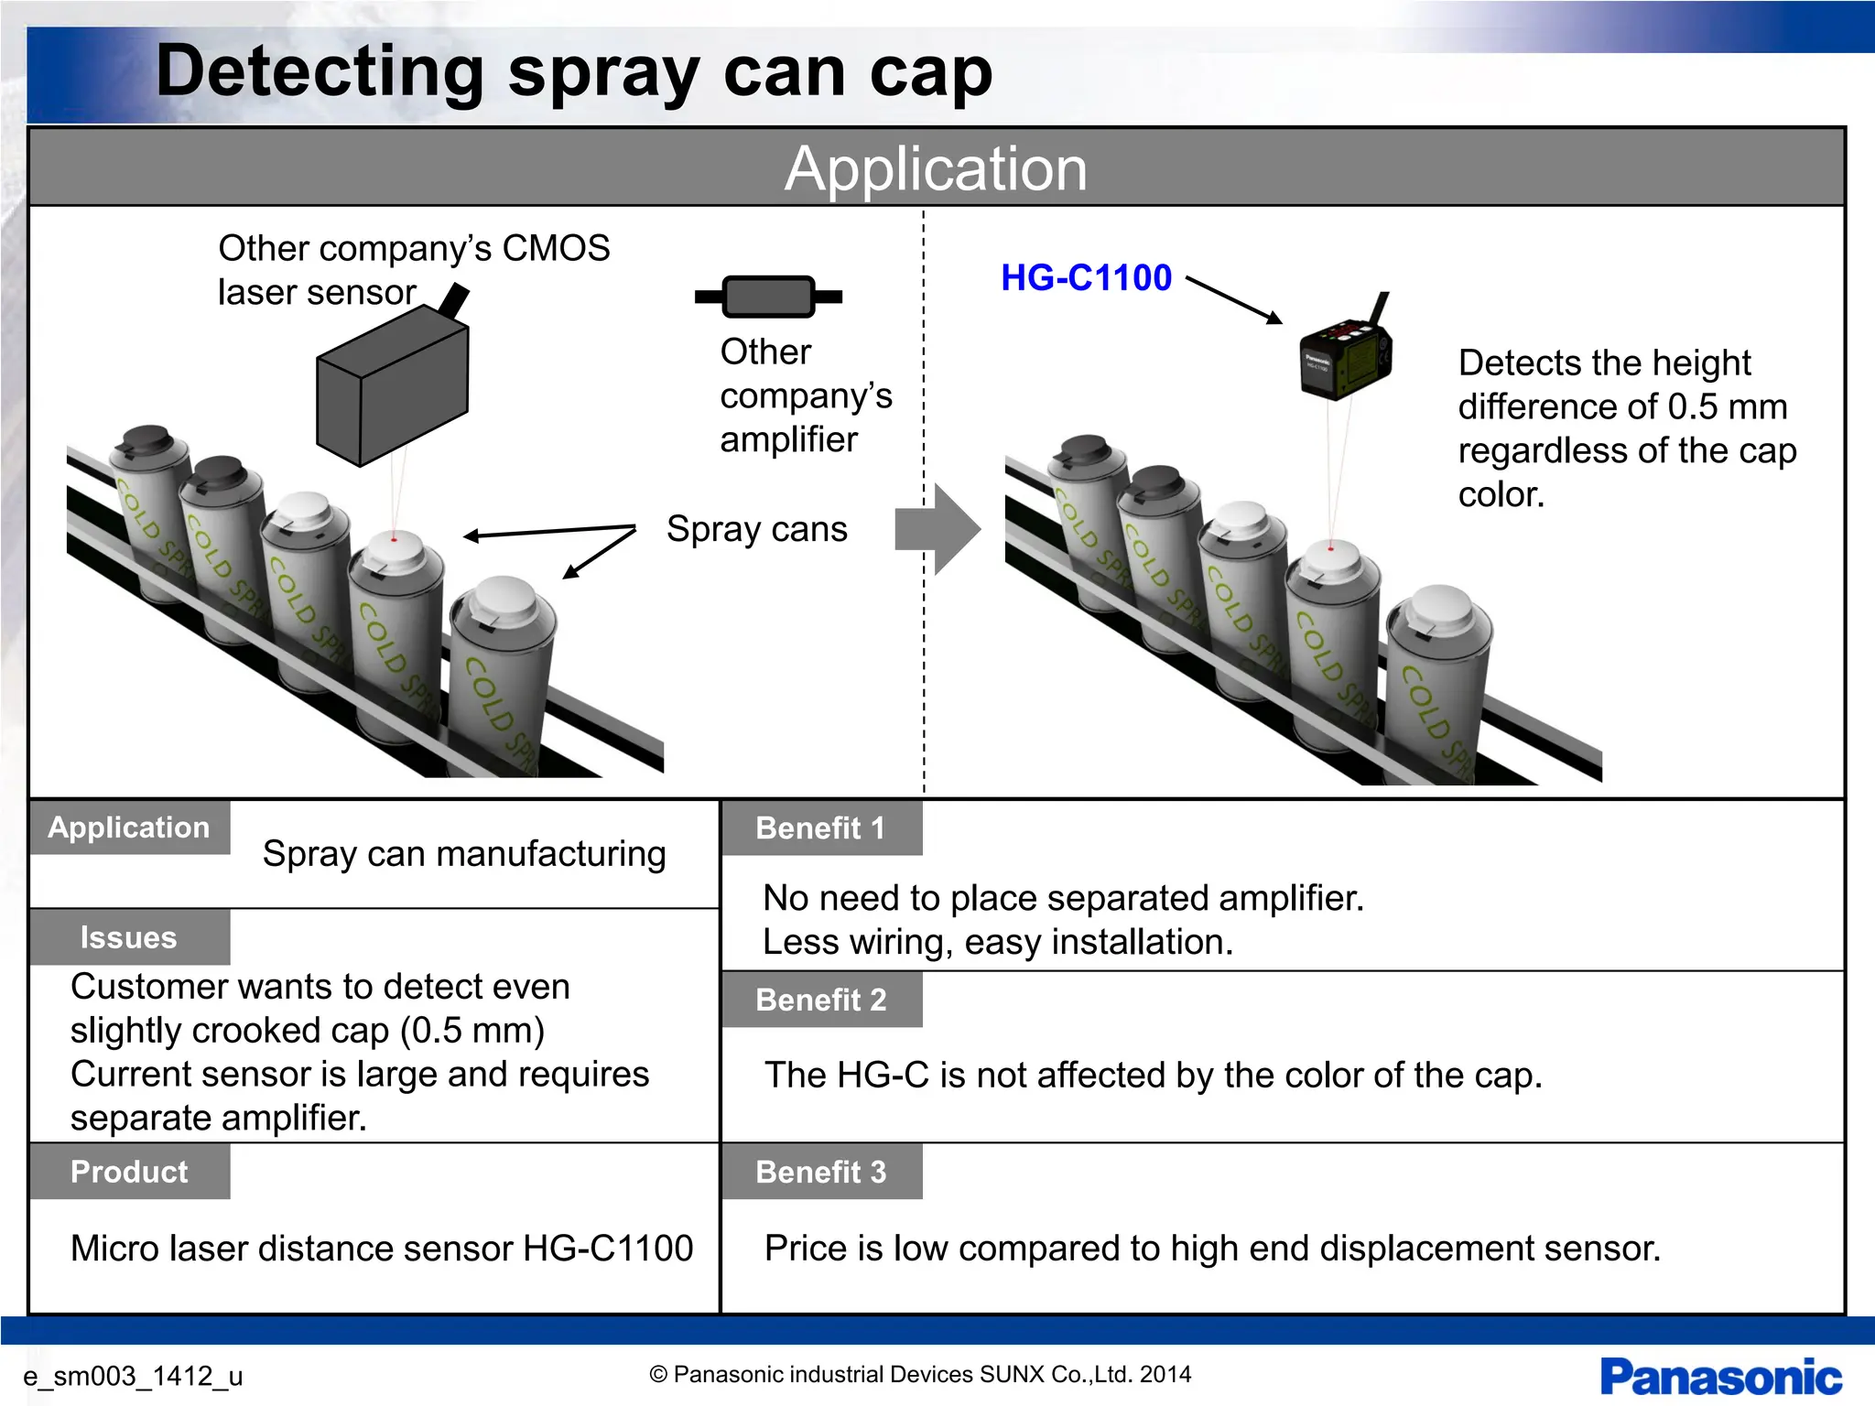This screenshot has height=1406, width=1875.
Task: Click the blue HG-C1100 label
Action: (x=1086, y=277)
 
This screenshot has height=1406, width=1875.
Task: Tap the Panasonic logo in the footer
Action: (x=1720, y=1377)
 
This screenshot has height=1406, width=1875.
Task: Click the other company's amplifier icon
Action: (x=768, y=297)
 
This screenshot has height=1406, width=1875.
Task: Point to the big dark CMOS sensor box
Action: (x=392, y=384)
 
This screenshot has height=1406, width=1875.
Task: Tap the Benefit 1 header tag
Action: (x=821, y=828)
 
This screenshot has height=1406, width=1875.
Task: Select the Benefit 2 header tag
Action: (x=821, y=1000)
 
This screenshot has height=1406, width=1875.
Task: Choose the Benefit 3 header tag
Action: (x=821, y=1172)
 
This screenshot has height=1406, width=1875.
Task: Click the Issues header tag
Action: (x=129, y=937)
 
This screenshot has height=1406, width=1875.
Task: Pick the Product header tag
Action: (x=129, y=1172)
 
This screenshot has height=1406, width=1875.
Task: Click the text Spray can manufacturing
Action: (x=464, y=853)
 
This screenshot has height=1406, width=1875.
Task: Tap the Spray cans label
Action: (x=756, y=529)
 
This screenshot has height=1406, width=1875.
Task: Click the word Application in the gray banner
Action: (x=936, y=168)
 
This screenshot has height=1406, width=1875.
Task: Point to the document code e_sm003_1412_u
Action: (x=133, y=1376)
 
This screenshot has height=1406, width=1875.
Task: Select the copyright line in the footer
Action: (x=920, y=1374)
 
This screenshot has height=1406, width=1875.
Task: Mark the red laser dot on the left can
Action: (x=394, y=539)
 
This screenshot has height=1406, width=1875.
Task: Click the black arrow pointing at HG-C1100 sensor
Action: (x=1234, y=299)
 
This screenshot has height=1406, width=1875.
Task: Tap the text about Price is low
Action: (x=1212, y=1249)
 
